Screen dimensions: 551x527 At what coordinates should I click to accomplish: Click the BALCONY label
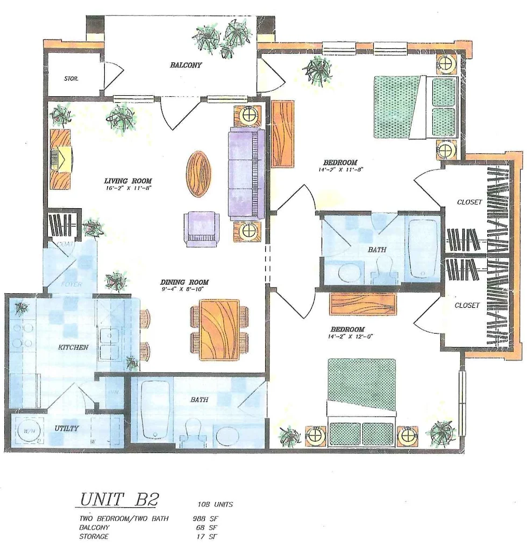[x=186, y=65]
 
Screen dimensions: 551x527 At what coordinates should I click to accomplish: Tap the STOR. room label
[x=71, y=79]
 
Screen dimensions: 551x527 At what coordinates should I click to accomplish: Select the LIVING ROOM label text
[x=127, y=181]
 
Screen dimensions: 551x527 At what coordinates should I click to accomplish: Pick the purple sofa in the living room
[x=246, y=173]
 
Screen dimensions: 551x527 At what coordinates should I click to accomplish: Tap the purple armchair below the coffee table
[x=202, y=229]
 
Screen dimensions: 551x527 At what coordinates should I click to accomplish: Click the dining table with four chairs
[x=219, y=329]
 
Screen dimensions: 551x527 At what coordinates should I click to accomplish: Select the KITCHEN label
[x=73, y=347]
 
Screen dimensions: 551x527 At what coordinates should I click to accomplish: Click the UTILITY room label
[x=67, y=428]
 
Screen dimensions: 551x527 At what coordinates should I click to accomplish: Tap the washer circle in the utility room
[x=29, y=432]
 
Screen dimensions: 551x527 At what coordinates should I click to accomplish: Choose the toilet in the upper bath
[x=384, y=269]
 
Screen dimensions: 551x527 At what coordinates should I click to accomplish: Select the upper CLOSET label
[x=469, y=202]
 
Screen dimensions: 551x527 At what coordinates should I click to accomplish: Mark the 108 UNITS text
[x=215, y=504]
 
